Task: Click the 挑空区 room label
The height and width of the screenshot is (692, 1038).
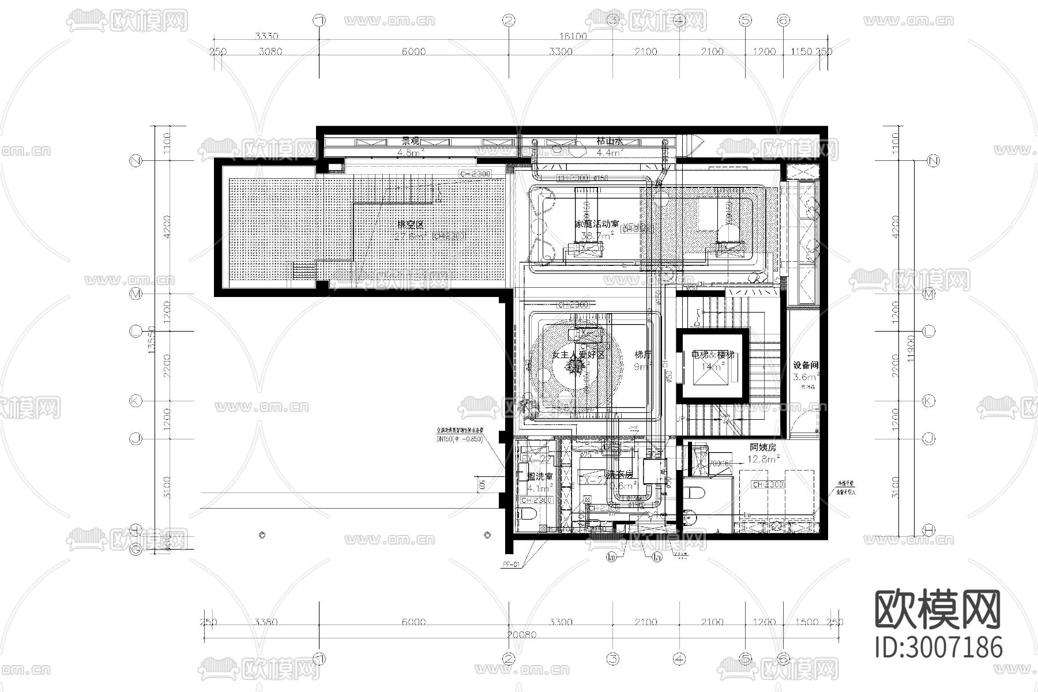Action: (x=411, y=224)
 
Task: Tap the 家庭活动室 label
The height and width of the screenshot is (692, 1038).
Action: (x=597, y=224)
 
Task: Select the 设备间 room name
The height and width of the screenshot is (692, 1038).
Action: (x=806, y=365)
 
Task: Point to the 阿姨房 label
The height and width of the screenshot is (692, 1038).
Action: (x=763, y=447)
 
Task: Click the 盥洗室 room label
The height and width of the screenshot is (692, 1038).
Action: (x=539, y=477)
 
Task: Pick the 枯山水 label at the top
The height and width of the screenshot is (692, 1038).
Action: (x=610, y=141)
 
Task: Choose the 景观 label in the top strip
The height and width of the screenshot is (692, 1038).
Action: (x=411, y=141)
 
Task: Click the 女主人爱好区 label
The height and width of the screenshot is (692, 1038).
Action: (x=578, y=355)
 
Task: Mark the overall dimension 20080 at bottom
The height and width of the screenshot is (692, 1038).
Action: (x=521, y=634)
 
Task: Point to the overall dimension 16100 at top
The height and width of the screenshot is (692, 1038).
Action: (x=573, y=36)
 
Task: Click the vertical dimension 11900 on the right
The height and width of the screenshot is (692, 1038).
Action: (x=910, y=348)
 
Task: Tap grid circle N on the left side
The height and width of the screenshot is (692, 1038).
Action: (x=136, y=161)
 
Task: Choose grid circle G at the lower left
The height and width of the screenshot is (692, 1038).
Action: (x=136, y=550)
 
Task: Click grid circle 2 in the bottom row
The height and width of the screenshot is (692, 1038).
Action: (x=508, y=659)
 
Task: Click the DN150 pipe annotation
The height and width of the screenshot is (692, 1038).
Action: (x=458, y=439)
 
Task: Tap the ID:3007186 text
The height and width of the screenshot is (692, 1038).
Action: (x=938, y=646)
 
